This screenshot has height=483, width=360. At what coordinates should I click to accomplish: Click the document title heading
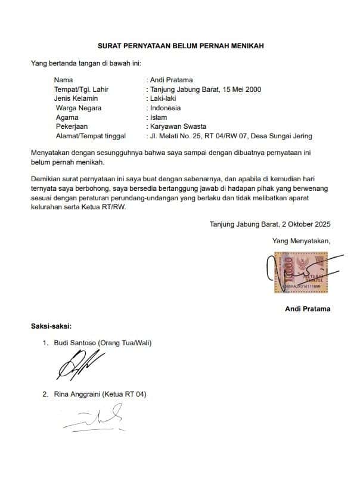pyautogui.click(x=181, y=45)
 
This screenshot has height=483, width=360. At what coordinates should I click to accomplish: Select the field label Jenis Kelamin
pyautogui.click(x=76, y=98)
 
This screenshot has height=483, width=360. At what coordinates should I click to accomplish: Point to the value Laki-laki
pyautogui.click(x=162, y=98)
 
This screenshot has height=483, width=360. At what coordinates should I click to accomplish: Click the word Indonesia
pyautogui.click(x=165, y=108)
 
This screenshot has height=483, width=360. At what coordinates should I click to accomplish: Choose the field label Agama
pyautogui.click(x=67, y=117)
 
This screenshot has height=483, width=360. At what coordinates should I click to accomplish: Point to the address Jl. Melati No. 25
pyautogui.click(x=178, y=136)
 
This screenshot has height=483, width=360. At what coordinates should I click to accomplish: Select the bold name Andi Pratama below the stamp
pyautogui.click(x=308, y=309)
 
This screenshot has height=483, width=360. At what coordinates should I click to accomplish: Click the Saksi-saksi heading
pyautogui.click(x=51, y=326)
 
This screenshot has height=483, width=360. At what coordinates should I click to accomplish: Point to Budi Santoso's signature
pyautogui.click(x=80, y=363)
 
